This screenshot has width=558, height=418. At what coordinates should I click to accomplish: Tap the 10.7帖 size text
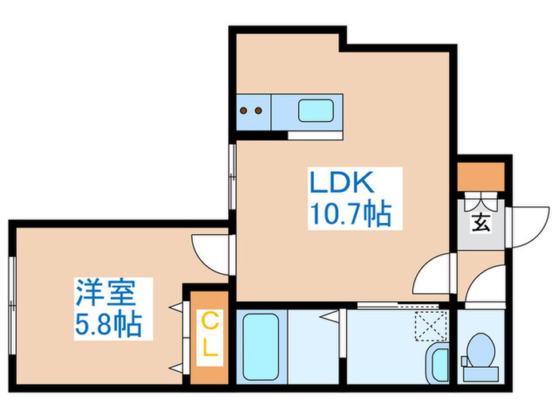pyautogui.click(x=348, y=213)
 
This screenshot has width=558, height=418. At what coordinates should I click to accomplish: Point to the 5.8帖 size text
pyautogui.click(x=108, y=324)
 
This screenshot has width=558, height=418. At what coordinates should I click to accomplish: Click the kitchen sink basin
pyautogui.click(x=320, y=110)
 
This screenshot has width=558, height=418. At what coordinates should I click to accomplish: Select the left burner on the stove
pyautogui.click(x=245, y=111)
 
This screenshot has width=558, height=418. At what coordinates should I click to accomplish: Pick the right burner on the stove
pyautogui.click(x=259, y=111)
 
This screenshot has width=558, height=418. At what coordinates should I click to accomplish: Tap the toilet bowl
pyautogui.click(x=479, y=350)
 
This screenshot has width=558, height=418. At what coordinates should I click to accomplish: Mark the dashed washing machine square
pyautogui.click(x=431, y=326)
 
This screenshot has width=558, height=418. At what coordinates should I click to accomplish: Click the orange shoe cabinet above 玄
pyautogui.click(x=481, y=174)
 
